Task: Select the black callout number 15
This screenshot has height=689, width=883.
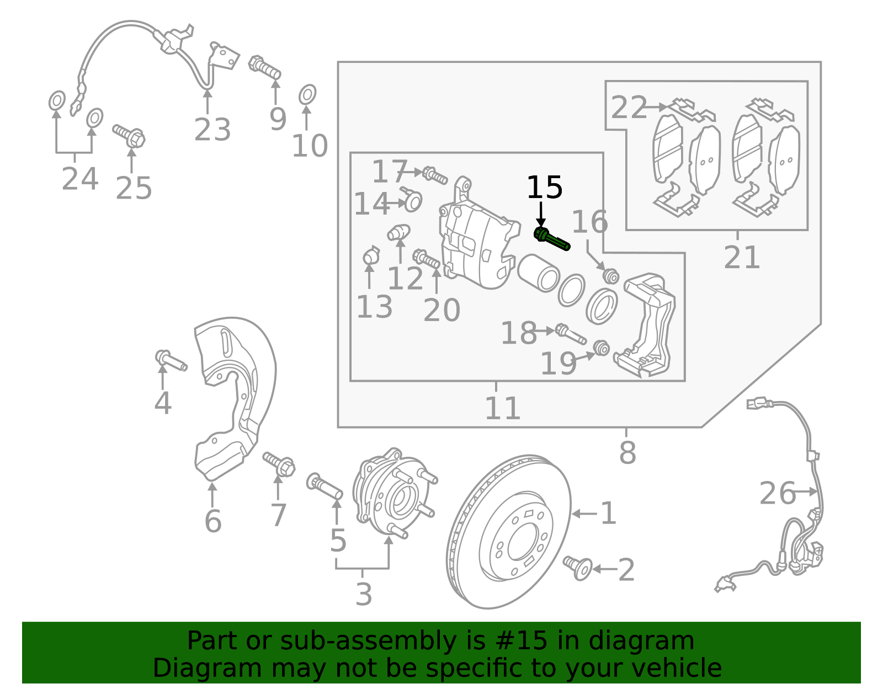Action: pos(544,188)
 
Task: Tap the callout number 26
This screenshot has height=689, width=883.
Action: pos(777,493)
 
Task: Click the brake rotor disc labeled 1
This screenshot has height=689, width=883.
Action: pos(508,532)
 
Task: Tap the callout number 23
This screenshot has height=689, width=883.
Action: pos(212,130)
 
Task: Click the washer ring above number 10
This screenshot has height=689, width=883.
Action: pos(307,95)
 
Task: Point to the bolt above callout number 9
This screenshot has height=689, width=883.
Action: pos(265,68)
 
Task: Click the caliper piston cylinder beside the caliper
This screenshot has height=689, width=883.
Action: pos(539,273)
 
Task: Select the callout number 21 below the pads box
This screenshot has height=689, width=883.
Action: pos(742,257)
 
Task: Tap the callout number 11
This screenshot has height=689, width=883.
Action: pos(502,408)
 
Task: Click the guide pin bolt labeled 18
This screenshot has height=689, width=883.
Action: pos(570,334)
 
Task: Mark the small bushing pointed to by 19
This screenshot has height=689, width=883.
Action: pos(601,348)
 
